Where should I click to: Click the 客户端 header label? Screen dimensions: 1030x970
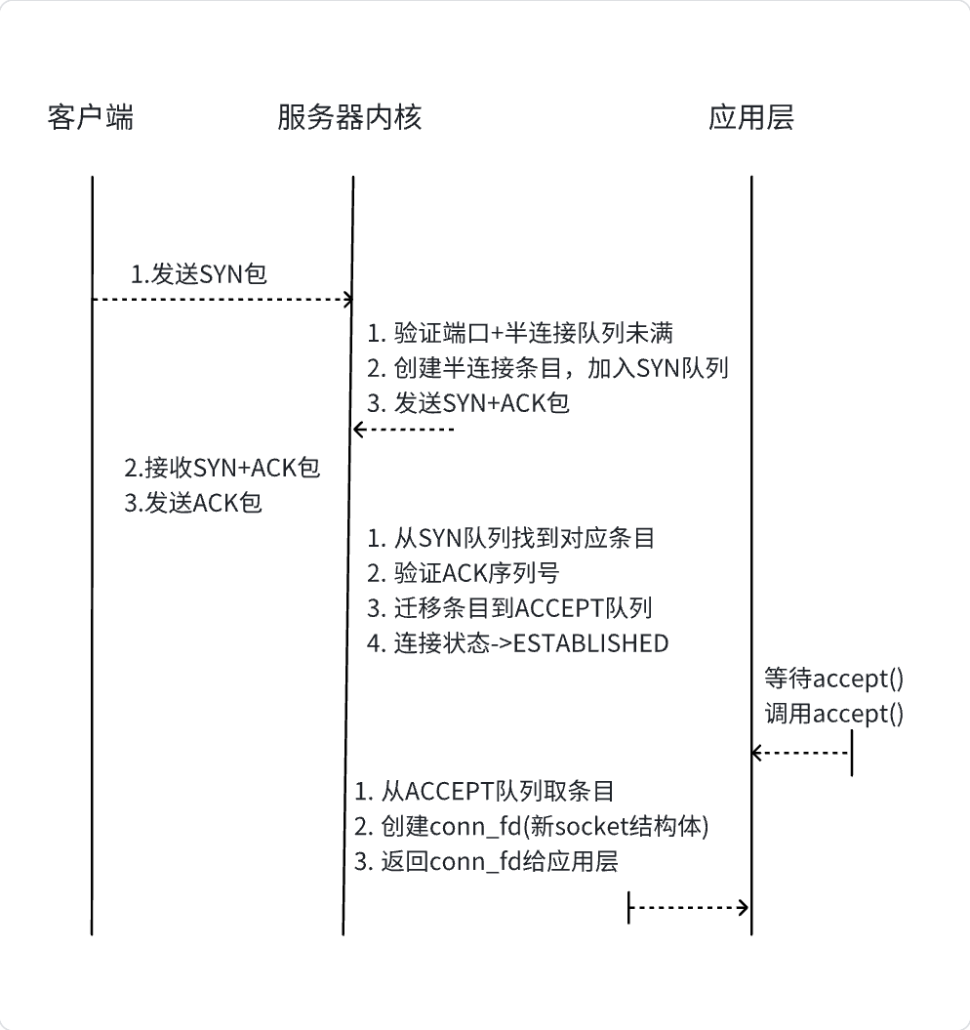[90, 118]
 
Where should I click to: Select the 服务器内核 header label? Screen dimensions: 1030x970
[349, 118]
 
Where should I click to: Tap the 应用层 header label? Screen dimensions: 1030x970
[750, 118]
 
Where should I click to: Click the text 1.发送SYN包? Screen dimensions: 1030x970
[199, 274]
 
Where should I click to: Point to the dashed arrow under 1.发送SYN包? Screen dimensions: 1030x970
[222, 299]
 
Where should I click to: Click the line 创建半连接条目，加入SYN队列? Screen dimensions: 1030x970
[547, 368]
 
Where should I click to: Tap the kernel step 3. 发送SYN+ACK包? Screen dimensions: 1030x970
[468, 403]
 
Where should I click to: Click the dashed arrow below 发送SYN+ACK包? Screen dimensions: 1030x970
[404, 430]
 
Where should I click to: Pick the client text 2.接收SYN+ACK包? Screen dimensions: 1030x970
[222, 468]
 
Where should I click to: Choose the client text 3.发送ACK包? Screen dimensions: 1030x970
[194, 504]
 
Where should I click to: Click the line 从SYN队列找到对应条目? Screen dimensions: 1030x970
[510, 537]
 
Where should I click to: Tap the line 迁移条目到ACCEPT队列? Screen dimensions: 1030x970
[509, 607]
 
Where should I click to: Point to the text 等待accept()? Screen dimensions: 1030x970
[833, 679]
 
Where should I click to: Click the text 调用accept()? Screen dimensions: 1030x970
[833, 714]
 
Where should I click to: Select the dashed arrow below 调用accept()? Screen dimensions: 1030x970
[800, 753]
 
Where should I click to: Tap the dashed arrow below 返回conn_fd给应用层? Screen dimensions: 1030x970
[689, 908]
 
